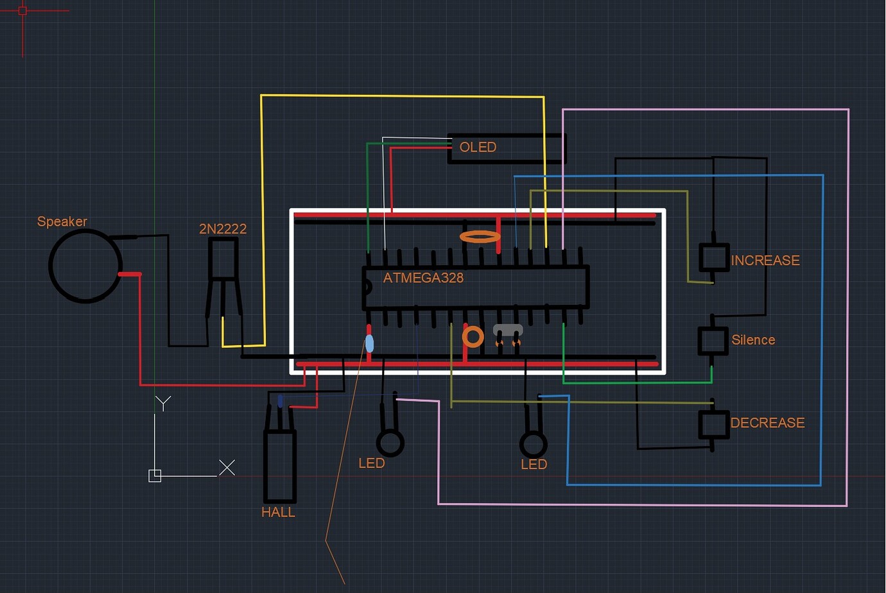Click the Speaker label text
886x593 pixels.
point(62,221)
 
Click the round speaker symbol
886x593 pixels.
point(85,266)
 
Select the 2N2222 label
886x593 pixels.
point(222,228)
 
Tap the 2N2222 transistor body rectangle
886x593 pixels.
point(223,259)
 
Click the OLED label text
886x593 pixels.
point(478,147)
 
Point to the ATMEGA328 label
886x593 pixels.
point(423,278)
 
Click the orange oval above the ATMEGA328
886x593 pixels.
point(480,237)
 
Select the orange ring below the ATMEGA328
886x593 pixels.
point(473,336)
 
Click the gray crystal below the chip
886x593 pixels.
point(508,330)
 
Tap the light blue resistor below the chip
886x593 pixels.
point(369,343)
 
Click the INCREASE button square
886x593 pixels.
point(713,257)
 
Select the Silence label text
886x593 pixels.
point(753,340)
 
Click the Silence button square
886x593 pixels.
point(713,340)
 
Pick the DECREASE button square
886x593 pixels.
point(713,424)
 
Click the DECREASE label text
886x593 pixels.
point(767,423)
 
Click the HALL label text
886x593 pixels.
point(278,512)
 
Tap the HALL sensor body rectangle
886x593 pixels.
point(280,466)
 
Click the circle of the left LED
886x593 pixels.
point(390,442)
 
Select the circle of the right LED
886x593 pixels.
point(533,444)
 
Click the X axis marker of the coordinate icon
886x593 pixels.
point(227,467)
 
